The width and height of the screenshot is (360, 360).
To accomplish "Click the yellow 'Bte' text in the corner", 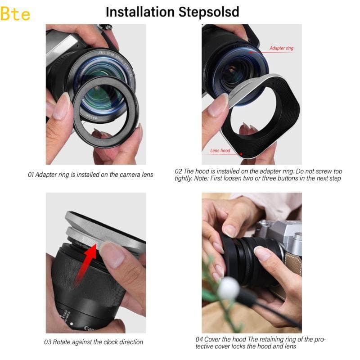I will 16,14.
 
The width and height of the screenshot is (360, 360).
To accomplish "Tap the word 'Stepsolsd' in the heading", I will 206,12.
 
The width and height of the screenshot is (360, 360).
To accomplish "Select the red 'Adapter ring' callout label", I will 281,48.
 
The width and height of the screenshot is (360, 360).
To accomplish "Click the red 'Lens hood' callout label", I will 220,150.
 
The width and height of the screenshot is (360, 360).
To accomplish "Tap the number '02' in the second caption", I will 178,171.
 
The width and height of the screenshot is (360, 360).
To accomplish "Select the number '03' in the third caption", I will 48,342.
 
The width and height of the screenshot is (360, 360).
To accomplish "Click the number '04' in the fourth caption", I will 199,339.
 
